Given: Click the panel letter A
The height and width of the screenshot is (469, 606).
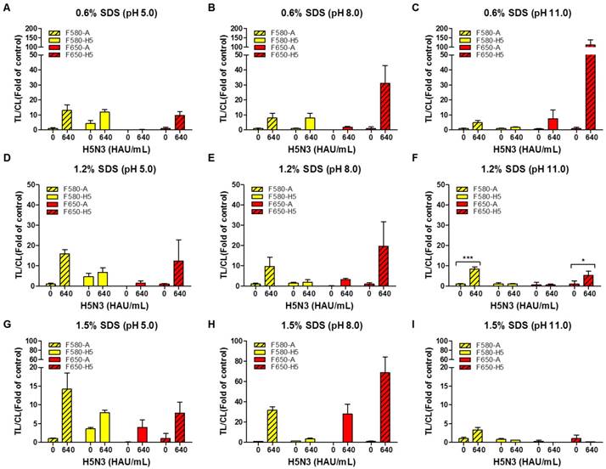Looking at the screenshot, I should pos(8,8).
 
